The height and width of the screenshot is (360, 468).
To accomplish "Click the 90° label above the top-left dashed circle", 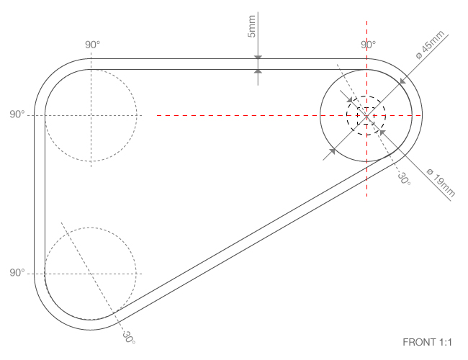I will pos(93,45).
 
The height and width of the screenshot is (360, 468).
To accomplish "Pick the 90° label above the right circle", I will pos(368,45).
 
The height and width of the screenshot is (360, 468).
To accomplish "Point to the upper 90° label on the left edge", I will pos(17,115).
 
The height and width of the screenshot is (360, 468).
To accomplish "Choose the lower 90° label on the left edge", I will pos(17,274).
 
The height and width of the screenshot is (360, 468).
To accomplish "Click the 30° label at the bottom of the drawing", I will pos(128,336).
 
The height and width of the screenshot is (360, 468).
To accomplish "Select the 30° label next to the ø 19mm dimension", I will pos(403,178).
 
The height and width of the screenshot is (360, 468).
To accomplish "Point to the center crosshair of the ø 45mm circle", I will pos(366,115).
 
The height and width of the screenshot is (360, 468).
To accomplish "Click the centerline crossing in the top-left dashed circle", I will pos(91,115).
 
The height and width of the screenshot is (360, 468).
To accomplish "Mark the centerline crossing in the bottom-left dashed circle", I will pos(91,274).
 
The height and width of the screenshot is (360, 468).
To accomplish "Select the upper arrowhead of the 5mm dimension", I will pos(258,57).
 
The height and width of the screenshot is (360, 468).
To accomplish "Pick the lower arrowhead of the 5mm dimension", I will pos(258,71).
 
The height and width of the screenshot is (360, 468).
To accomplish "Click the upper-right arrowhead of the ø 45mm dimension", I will pos(402,80).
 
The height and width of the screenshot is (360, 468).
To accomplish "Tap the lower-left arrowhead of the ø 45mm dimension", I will pos(333,150).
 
